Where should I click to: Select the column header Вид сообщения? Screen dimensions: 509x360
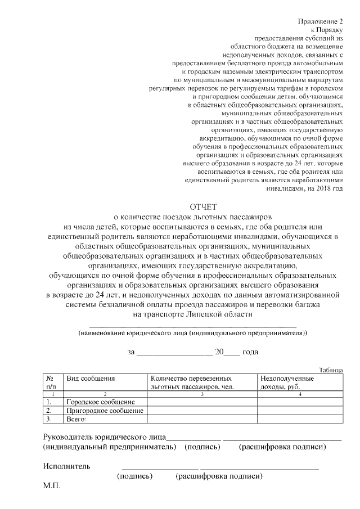tap(91, 379)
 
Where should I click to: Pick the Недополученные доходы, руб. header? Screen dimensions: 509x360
tap(287, 383)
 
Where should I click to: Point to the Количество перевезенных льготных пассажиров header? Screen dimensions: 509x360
tap(192, 383)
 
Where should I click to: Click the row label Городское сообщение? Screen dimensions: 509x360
tap(101, 402)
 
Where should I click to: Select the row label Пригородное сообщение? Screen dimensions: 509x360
tap(105, 411)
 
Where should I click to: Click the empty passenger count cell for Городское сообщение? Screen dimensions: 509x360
tap(201, 402)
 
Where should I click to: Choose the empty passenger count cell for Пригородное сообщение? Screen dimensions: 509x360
tap(201, 411)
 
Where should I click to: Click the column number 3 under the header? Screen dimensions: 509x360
tap(201, 394)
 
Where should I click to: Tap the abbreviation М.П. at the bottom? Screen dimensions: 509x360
tap(53, 485)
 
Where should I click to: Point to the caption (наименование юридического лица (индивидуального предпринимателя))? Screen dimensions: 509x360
tap(193, 333)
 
